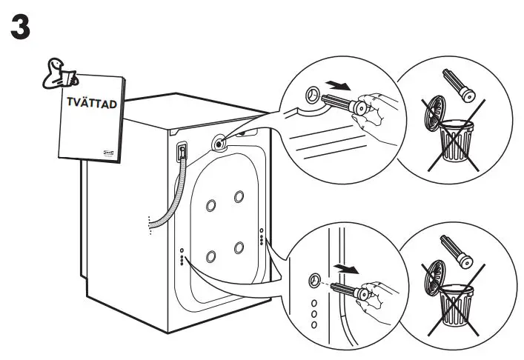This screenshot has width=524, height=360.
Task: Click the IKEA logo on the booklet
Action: coord(108,151)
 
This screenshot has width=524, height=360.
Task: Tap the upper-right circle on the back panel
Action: coord(239,196)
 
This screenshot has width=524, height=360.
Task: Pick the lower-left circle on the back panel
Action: coord(211,256)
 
